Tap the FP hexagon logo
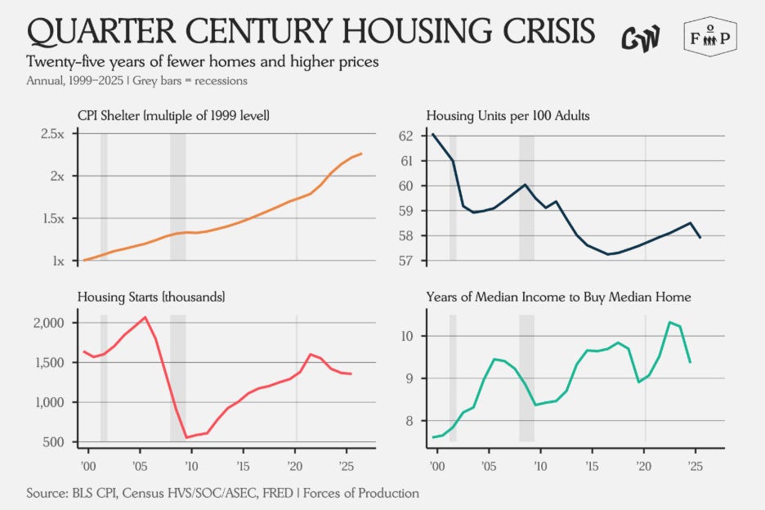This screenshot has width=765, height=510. (x=710, y=37)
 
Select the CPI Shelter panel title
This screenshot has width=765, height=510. (x=173, y=116)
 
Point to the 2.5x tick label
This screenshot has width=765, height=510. (x=52, y=134)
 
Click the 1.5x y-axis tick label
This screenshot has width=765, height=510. (x=52, y=219)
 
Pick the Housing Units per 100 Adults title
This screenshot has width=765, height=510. (x=508, y=116)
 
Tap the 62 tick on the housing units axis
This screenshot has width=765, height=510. (x=405, y=136)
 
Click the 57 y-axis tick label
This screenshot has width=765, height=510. (x=405, y=261)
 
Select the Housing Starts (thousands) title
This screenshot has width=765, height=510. (x=151, y=297)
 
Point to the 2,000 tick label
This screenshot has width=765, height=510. (x=49, y=323)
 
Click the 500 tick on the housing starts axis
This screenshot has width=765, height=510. (x=54, y=442)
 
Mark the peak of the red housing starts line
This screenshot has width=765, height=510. (x=145, y=317)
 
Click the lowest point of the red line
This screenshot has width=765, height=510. (x=186, y=437)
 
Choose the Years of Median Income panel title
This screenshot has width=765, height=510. (x=558, y=297)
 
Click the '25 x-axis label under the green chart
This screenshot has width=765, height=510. (x=695, y=467)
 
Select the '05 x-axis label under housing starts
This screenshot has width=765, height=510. (x=140, y=467)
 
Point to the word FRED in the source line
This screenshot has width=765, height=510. (x=278, y=493)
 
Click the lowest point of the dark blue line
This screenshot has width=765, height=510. (x=608, y=254)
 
